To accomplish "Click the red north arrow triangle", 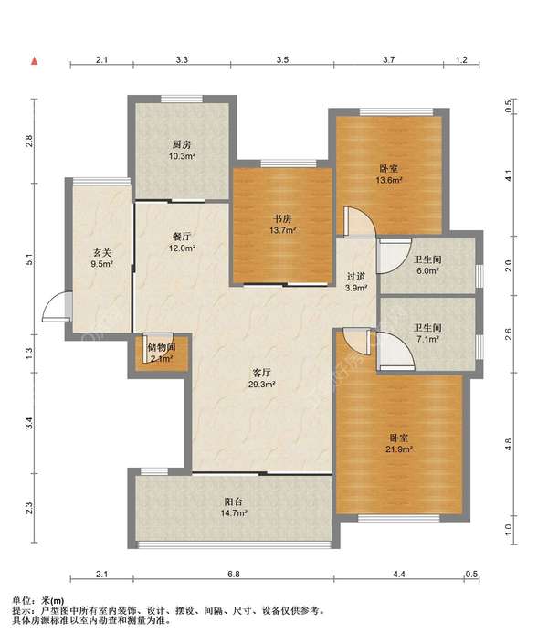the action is pyautogui.click(x=35, y=61).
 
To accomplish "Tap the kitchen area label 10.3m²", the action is pyautogui.click(x=182, y=156).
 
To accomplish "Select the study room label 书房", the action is pyautogui.click(x=282, y=219).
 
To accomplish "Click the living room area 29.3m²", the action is pyautogui.click(x=262, y=385).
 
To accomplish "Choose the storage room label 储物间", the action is pyautogui.click(x=162, y=347).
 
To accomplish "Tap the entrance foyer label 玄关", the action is pyautogui.click(x=101, y=253).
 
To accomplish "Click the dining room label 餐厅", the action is pyautogui.click(x=182, y=237).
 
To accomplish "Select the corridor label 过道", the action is pyautogui.click(x=356, y=277).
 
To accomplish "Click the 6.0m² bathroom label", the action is pyautogui.click(x=427, y=271).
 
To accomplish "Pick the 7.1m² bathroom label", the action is pyautogui.click(x=427, y=339).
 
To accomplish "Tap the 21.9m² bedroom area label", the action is pyautogui.click(x=399, y=449).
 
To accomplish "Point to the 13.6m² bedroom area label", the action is pyautogui.click(x=388, y=180).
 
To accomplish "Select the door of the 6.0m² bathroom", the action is pyautogui.click(x=395, y=257).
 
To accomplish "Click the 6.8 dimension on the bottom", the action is pyautogui.click(x=234, y=575).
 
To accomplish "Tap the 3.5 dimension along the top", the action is pyautogui.click(x=282, y=60).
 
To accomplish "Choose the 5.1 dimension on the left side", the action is pyautogui.click(x=28, y=259).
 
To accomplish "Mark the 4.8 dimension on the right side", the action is pyautogui.click(x=509, y=444).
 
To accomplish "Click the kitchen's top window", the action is pyautogui.click(x=182, y=99).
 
